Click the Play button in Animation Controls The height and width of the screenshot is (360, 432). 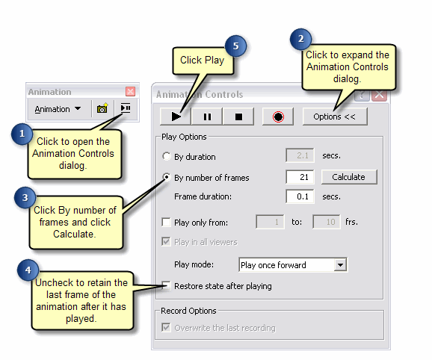click(x=176, y=117)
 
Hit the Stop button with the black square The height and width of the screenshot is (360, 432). click(x=238, y=117)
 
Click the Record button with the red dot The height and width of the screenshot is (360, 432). click(x=278, y=117)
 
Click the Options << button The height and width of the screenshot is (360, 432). click(x=334, y=117)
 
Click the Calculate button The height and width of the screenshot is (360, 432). click(x=349, y=177)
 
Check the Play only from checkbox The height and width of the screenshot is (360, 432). click(x=167, y=222)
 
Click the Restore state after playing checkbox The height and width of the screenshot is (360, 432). click(x=167, y=286)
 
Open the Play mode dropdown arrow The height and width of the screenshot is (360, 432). click(x=341, y=264)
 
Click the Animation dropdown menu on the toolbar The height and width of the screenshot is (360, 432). click(x=58, y=109)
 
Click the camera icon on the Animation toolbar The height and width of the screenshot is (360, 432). click(x=102, y=109)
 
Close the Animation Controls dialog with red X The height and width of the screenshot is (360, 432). click(x=379, y=95)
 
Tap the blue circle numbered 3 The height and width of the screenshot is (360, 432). click(x=25, y=198)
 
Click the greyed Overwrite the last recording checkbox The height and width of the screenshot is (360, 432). click(x=167, y=328)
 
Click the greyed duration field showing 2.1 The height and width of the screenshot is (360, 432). click(x=299, y=156)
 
